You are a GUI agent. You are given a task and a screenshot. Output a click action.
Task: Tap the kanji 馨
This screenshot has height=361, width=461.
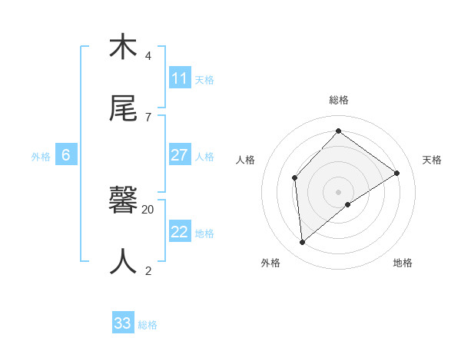(x=123, y=201)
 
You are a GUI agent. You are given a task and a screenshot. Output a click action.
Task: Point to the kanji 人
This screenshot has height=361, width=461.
(x=123, y=261)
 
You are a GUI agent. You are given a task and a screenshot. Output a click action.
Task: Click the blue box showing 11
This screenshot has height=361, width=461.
(x=180, y=78)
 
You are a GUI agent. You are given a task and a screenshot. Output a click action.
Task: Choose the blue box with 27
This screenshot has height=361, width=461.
(x=180, y=155)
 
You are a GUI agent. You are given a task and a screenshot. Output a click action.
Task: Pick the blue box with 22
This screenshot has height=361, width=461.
(x=180, y=232)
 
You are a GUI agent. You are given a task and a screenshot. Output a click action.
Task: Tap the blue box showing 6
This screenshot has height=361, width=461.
(x=66, y=155)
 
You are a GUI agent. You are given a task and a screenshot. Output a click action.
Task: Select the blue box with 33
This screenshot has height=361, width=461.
(x=123, y=323)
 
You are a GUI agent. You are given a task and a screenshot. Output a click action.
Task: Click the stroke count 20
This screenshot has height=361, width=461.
(x=148, y=209)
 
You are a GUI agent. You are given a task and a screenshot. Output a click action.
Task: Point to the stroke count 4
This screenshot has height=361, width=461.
(x=148, y=56)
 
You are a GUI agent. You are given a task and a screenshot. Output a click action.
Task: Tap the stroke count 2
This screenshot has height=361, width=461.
(x=148, y=270)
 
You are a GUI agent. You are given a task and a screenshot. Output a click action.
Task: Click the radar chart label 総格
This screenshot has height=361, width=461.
(x=339, y=100)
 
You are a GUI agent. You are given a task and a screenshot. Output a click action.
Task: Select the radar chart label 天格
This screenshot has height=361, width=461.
(x=432, y=160)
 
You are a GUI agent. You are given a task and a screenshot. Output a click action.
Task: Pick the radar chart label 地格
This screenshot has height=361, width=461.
(x=403, y=263)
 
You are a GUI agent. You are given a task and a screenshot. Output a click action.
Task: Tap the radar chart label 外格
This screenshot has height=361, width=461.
(x=270, y=263)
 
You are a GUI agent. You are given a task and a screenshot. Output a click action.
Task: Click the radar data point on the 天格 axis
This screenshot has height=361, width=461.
(x=397, y=173)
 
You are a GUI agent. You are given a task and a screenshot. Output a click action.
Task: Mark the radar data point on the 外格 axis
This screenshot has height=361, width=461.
(x=303, y=243)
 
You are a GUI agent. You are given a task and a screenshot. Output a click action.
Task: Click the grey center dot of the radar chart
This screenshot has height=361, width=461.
(x=339, y=191)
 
